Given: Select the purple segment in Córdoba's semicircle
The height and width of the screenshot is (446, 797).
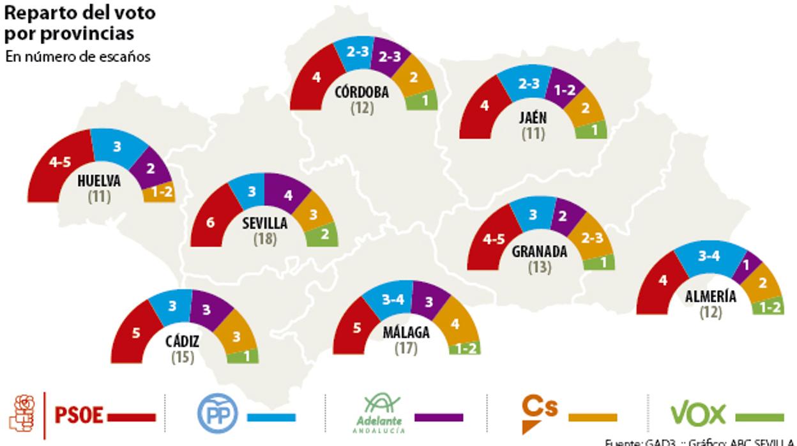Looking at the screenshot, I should (x=390, y=56).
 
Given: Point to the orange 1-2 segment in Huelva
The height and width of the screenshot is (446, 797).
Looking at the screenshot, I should (x=160, y=193).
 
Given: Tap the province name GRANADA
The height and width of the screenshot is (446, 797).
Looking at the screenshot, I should (x=540, y=251).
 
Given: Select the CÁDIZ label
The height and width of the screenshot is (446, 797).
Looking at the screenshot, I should (x=182, y=342).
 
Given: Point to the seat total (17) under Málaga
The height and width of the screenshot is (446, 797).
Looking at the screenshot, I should (x=406, y=348).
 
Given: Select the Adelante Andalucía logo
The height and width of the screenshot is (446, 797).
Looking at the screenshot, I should (x=382, y=413).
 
